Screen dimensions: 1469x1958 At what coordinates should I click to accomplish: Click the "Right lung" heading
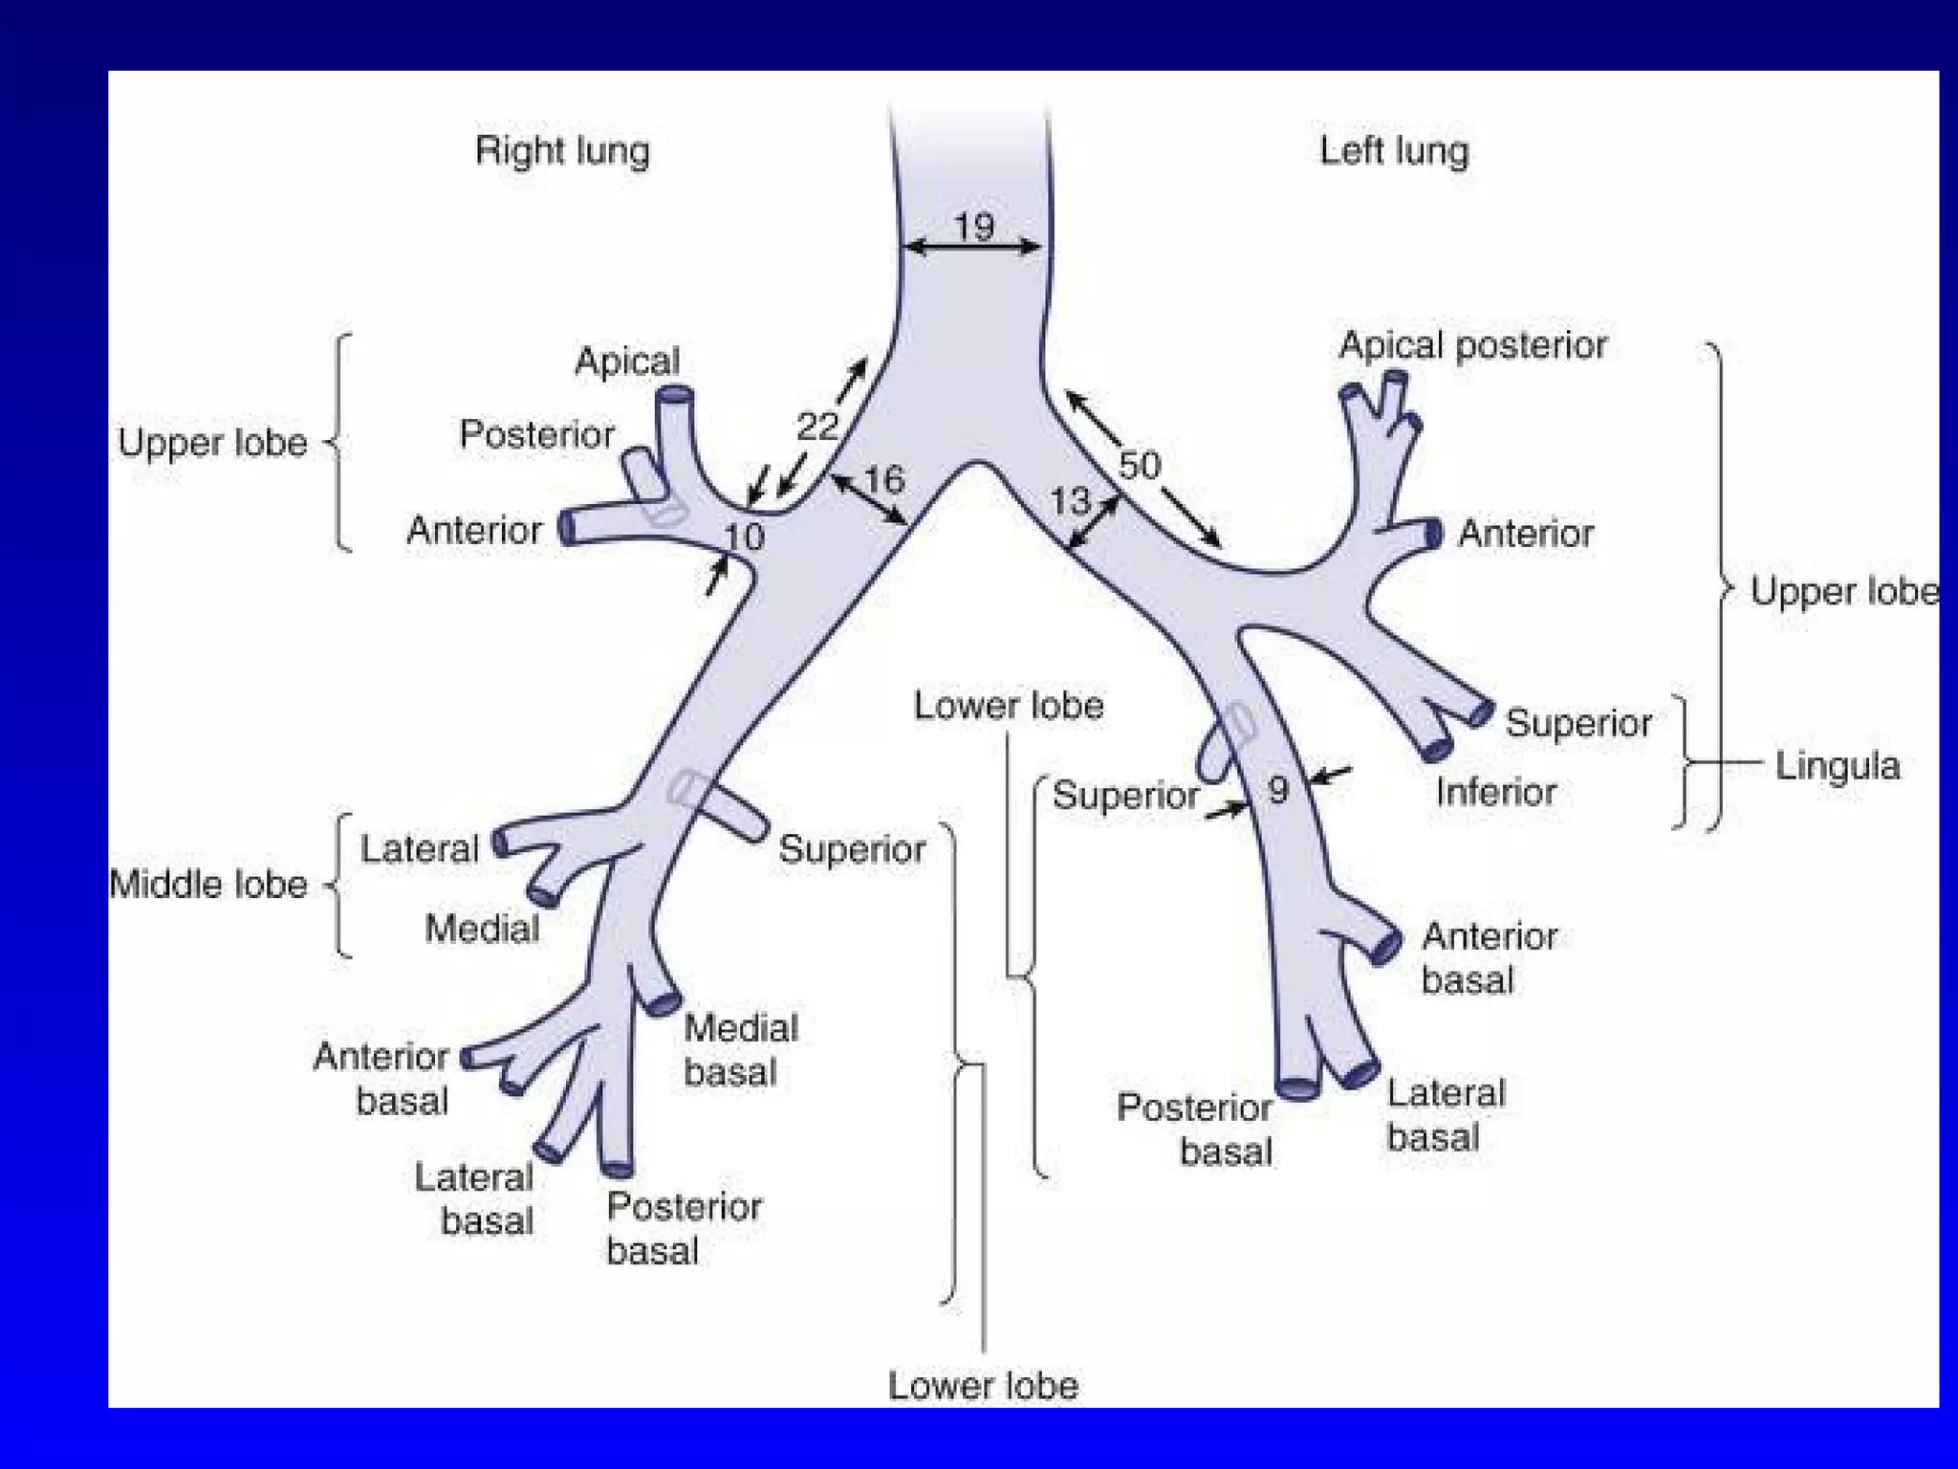(x=562, y=151)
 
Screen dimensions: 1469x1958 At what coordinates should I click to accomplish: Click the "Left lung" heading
(x=1393, y=151)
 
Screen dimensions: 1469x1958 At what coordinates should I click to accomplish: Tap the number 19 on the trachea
(x=973, y=227)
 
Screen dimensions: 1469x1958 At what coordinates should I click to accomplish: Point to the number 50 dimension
(x=1139, y=466)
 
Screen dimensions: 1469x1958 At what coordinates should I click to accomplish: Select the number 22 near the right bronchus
(x=817, y=426)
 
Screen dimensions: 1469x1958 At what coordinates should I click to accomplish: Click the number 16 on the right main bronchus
(x=884, y=479)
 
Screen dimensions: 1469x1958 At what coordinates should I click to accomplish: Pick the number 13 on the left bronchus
(x=1070, y=500)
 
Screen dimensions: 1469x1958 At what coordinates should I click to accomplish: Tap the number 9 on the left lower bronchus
(x=1278, y=790)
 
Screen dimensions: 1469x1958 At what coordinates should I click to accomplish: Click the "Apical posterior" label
(x=1472, y=345)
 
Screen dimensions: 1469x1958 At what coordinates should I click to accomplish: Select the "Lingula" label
(x=1837, y=766)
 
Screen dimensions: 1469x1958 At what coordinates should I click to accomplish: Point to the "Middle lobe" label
(x=208, y=885)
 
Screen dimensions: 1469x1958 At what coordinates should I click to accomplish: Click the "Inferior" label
(x=1495, y=792)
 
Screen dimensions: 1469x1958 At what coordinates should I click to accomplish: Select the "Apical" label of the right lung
(x=627, y=362)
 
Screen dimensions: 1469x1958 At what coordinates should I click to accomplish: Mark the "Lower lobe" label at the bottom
(x=983, y=1386)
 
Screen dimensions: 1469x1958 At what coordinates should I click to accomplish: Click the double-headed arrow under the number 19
(x=973, y=248)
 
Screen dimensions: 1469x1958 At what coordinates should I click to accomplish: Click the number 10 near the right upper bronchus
(x=744, y=537)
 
